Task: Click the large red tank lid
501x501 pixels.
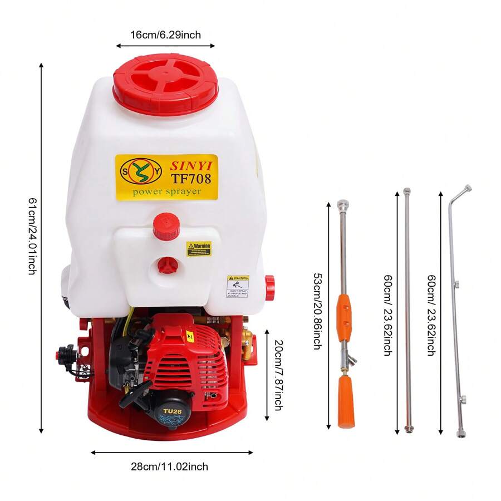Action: click(165, 84)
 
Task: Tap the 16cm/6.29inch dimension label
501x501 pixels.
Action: click(165, 35)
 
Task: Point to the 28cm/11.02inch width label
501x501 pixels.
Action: click(169, 466)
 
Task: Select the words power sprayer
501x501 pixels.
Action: click(166, 192)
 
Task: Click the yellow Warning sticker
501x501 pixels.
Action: click(199, 248)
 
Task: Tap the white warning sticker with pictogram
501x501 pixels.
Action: click(238, 287)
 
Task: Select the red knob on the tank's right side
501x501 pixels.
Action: click(270, 287)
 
